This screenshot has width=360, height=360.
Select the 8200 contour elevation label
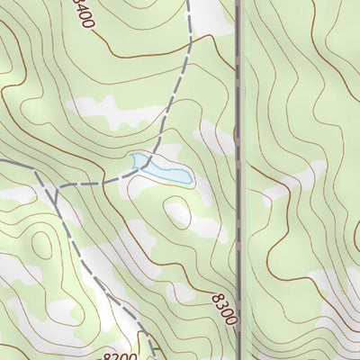coord(120,356)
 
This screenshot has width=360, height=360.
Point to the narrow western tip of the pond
coord(134,158)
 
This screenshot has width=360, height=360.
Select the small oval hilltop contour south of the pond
coord(176,213)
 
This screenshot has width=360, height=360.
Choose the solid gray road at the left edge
coord(13,163)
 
